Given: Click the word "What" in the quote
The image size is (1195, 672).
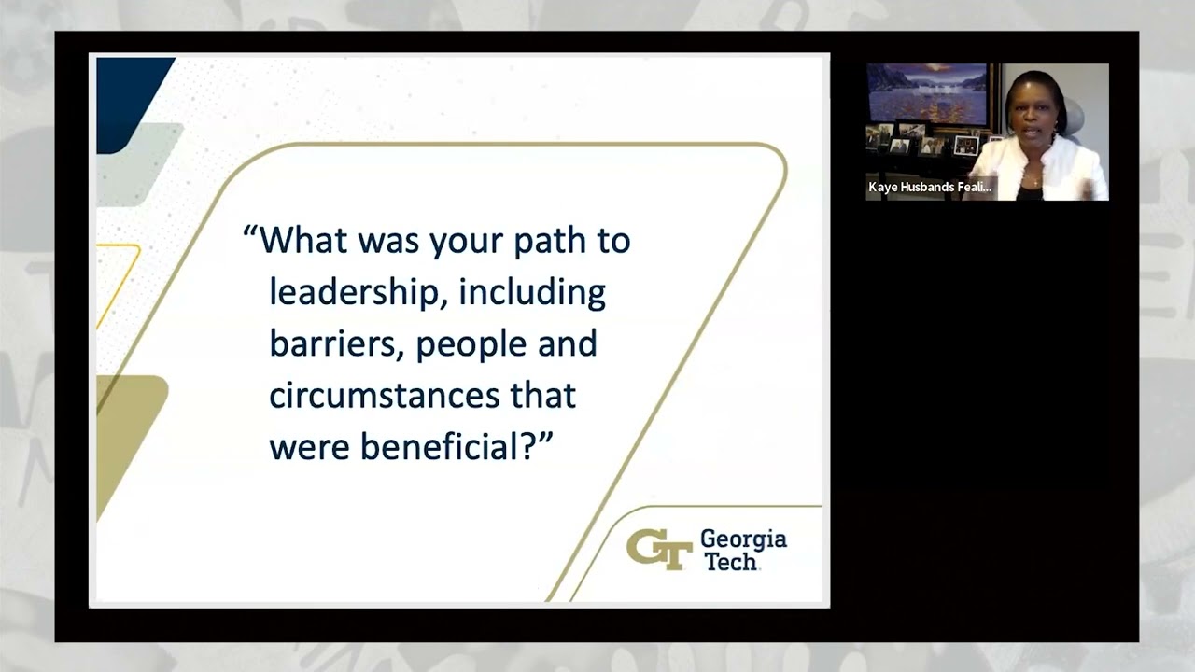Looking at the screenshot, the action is click(x=303, y=241).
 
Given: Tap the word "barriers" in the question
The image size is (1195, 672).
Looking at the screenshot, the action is click(x=337, y=344).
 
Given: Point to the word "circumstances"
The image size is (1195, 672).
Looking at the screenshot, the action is click(x=384, y=395).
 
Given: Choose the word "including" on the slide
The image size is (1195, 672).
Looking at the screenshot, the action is click(x=532, y=293).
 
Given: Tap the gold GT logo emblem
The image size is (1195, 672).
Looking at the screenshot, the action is click(x=659, y=550).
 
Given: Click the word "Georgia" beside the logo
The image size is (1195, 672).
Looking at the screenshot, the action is click(x=744, y=540).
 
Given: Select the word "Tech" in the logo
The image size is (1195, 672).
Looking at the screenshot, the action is click(x=731, y=562).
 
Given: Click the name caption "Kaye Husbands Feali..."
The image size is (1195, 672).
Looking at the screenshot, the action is click(x=930, y=188).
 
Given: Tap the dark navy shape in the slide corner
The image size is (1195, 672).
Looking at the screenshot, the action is click(x=130, y=102).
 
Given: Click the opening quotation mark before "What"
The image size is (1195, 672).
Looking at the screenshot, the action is click(x=250, y=231).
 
